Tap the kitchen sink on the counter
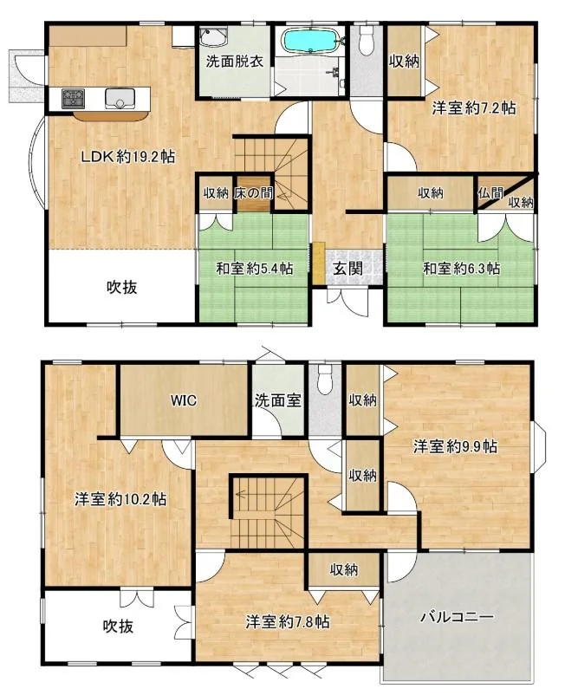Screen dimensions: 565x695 [x=120, y=98]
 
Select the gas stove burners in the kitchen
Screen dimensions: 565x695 [x=73, y=98]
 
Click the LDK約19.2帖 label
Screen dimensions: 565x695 [x=127, y=157]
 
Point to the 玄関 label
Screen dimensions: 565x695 [x=347, y=268]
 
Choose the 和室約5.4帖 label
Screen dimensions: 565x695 [x=255, y=268]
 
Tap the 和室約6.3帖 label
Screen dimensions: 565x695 [x=461, y=268]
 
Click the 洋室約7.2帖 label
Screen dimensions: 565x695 [x=474, y=107]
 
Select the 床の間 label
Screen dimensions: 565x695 [x=254, y=193]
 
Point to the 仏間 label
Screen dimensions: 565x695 [x=490, y=192]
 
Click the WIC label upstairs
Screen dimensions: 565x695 [x=184, y=400]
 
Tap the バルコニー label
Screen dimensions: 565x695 [x=457, y=617]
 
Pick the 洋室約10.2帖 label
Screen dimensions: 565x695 [x=120, y=499]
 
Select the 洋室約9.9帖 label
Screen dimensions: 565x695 [x=455, y=446]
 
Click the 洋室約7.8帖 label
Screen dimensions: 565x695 [x=288, y=622]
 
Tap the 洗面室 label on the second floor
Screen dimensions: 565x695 [x=278, y=400]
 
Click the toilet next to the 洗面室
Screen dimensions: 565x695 [x=325, y=379]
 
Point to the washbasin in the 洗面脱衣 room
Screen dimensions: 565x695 [x=213, y=36]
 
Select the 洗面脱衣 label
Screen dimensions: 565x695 [x=235, y=62]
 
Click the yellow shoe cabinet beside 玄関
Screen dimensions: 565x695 [x=319, y=263]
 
